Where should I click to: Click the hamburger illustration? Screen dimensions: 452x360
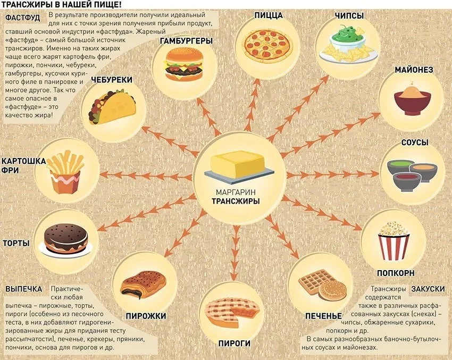pyautogui.click(x=183, y=64)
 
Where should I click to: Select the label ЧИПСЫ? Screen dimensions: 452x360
pyautogui.click(x=349, y=15)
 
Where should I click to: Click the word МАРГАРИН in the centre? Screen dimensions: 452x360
pyautogui.click(x=236, y=192)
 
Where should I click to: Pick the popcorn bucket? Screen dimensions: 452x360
pyautogui.click(x=394, y=241)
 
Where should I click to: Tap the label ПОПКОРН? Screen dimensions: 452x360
pyautogui.click(x=396, y=273)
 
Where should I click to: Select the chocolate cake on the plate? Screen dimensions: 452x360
pyautogui.click(x=66, y=239)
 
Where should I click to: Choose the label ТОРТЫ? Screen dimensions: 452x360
pyautogui.click(x=16, y=243)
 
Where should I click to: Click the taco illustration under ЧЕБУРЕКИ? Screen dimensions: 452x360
pyautogui.click(x=113, y=107)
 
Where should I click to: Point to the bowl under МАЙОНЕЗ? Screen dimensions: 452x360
pyautogui.click(x=413, y=100)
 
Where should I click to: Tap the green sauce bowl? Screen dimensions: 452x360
pyautogui.click(x=400, y=166)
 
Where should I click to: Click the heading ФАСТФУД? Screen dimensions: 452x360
pyautogui.click(x=22, y=18)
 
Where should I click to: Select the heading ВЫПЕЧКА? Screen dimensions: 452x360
pyautogui.click(x=23, y=289)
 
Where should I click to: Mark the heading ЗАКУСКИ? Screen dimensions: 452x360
pyautogui.click(x=428, y=289)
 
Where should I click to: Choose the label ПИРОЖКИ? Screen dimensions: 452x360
pyautogui.click(x=146, y=316)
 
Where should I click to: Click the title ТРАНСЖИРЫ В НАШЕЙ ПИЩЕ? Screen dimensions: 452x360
pyautogui.click(x=61, y=5)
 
